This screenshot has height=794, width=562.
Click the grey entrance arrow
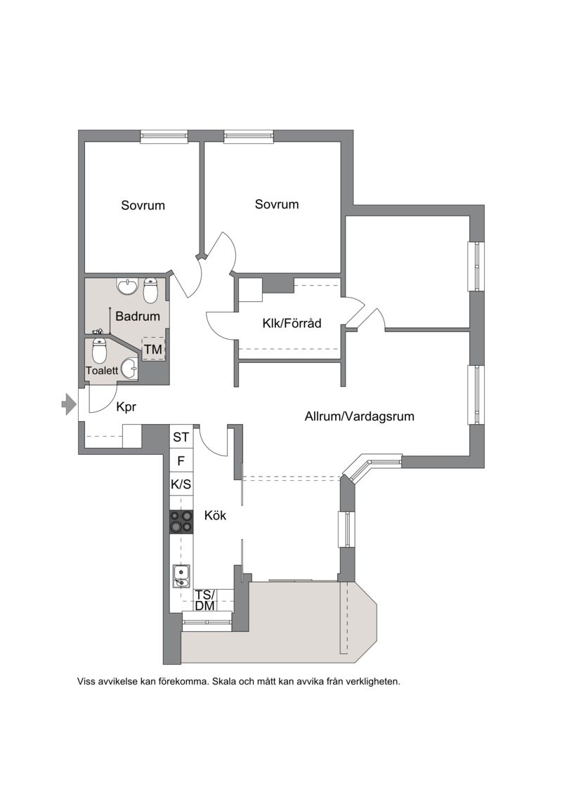(68, 404)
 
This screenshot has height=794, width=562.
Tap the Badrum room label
(137, 317)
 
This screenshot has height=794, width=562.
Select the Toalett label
(102, 371)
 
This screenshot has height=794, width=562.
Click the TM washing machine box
(153, 349)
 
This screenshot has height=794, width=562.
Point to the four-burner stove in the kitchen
(181, 522)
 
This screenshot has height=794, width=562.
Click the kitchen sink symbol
(181, 576)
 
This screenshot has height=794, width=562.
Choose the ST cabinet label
(181, 437)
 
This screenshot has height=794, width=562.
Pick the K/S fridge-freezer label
(181, 484)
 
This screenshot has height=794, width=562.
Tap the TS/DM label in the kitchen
(204, 600)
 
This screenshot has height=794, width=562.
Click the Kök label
(215, 515)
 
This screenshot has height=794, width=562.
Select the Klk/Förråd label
(292, 323)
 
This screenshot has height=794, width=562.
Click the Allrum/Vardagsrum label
(359, 416)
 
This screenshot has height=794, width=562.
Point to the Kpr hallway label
(126, 406)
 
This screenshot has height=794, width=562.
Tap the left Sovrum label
(143, 205)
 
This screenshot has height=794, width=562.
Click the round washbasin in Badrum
(127, 286)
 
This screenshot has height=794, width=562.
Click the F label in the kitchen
(181, 461)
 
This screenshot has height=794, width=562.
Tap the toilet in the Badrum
(152, 290)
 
